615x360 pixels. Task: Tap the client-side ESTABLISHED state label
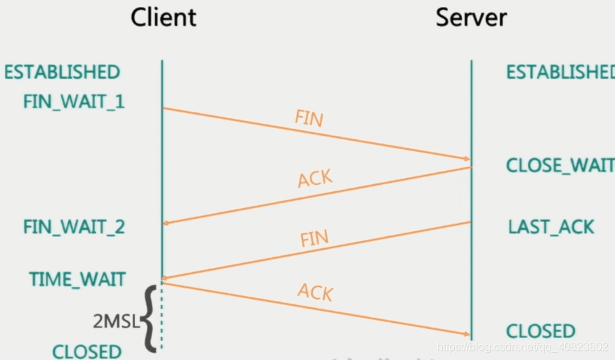[x=62, y=72]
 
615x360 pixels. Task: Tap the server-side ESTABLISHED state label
[x=560, y=72]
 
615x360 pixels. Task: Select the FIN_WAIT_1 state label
[x=74, y=102]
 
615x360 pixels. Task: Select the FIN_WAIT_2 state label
[x=74, y=227]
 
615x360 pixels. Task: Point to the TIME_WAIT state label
[x=77, y=279]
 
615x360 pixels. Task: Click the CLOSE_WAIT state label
[x=560, y=166]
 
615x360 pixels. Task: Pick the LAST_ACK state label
[x=551, y=227]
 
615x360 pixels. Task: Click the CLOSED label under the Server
[x=540, y=331]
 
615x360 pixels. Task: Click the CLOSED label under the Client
[x=87, y=351]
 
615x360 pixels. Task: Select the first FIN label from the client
[x=309, y=118]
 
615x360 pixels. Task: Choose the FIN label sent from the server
[x=314, y=239]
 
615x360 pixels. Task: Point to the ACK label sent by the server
[x=314, y=179]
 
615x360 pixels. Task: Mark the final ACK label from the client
[x=314, y=292]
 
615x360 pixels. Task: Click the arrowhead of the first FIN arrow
[x=465, y=158]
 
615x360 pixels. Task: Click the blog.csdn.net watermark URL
[x=522, y=347]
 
